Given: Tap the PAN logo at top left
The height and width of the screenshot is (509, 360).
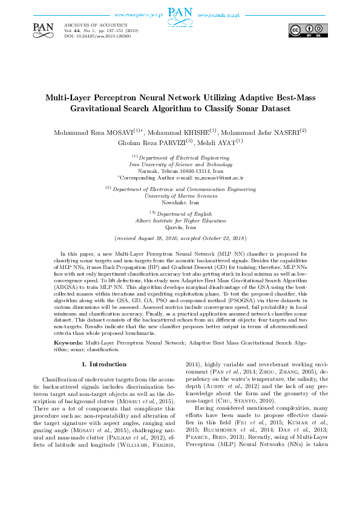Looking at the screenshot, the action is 43,27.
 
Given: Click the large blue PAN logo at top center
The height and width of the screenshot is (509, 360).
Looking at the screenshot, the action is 180,15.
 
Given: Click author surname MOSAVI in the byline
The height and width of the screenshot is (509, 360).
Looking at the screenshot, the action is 116,132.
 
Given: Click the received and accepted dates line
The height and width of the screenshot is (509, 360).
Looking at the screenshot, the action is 180,239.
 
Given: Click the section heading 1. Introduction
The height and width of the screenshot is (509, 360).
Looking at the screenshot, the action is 104,365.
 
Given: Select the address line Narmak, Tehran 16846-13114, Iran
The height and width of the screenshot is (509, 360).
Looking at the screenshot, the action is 180,171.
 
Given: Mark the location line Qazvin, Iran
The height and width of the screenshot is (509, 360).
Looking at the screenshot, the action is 180,227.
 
